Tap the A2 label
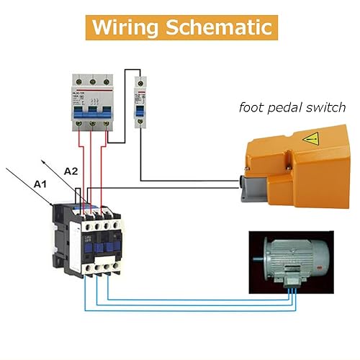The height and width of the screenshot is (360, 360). click(71, 171)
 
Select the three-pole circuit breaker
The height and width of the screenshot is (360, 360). click(91, 102)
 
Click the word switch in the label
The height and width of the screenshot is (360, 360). click(325, 108)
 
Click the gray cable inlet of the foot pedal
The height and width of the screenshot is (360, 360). click(247, 189)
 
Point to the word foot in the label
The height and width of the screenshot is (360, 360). click(251, 108)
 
